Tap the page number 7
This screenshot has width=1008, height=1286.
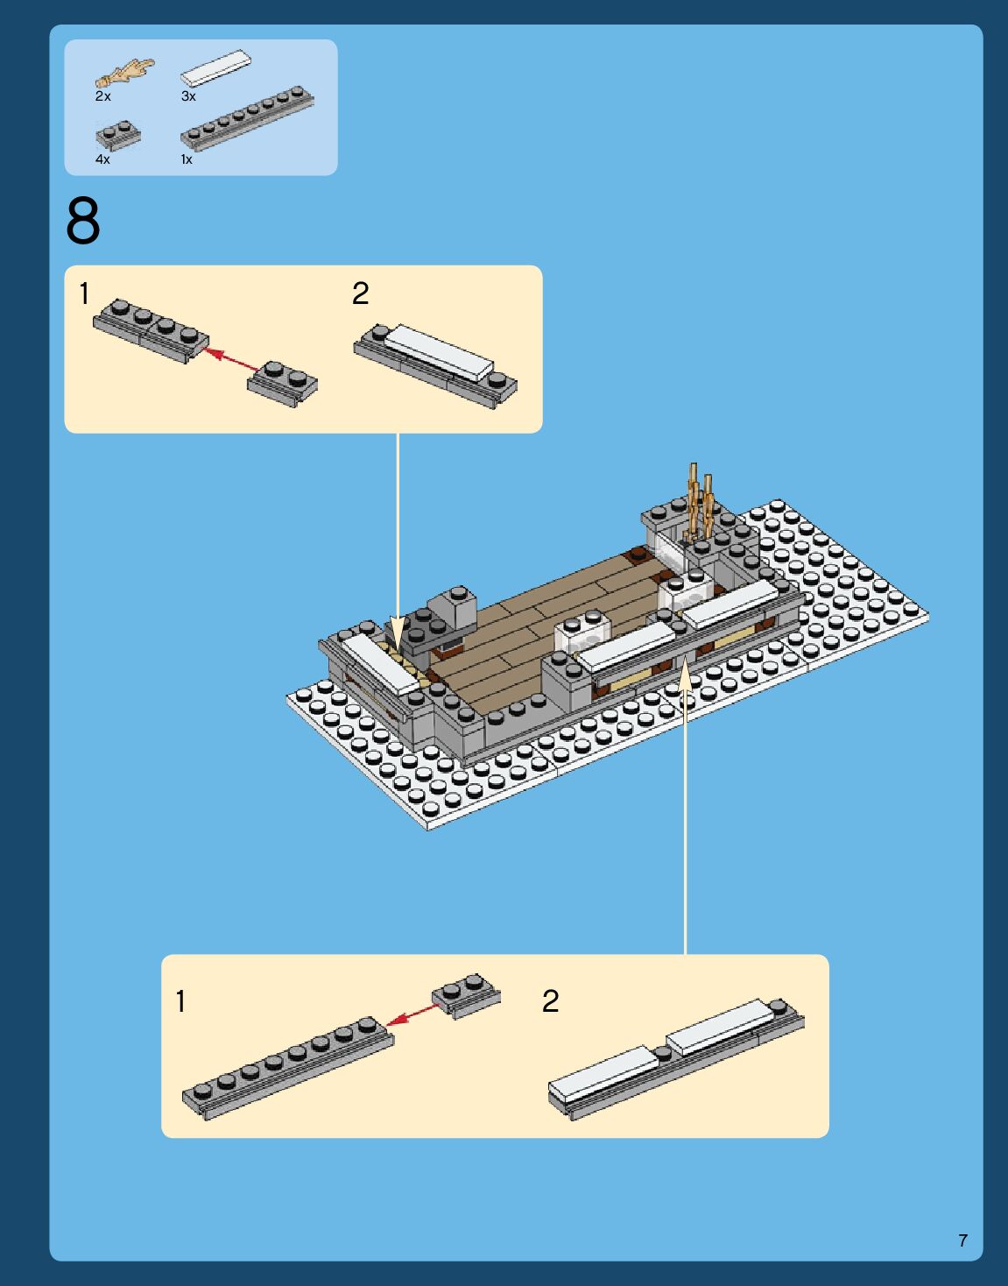click(x=963, y=1240)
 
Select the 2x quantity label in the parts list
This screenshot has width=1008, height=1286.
click(x=103, y=96)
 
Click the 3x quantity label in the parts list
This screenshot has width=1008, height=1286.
click(x=188, y=96)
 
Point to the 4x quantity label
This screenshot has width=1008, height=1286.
click(x=103, y=159)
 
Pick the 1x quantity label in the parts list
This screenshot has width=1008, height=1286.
click(x=187, y=159)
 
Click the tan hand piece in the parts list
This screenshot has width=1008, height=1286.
click(x=125, y=73)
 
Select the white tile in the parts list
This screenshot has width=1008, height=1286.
click(x=216, y=67)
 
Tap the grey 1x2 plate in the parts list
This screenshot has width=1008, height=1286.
click(x=118, y=136)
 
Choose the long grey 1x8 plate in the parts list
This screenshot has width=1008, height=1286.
click(x=247, y=118)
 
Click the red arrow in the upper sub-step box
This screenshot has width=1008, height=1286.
click(x=231, y=360)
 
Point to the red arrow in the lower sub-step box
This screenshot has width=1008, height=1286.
click(x=412, y=1014)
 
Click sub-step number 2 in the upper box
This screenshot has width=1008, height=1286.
click(x=360, y=293)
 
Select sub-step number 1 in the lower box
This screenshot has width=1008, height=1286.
click(x=181, y=1001)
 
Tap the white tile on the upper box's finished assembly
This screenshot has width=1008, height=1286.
click(x=439, y=352)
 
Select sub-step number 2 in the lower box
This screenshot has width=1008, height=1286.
click(x=550, y=1001)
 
